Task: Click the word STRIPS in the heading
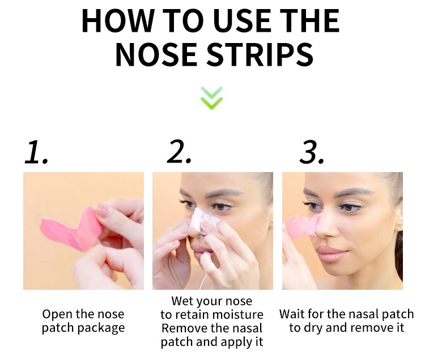(260, 54)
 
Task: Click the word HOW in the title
(118, 21)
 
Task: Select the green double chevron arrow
(212, 98)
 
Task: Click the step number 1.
(36, 152)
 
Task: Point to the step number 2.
(179, 152)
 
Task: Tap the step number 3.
(312, 152)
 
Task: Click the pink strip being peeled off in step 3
(301, 226)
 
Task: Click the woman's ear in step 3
(399, 220)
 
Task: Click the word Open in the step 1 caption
(57, 315)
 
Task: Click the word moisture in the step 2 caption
(237, 315)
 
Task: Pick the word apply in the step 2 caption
(236, 342)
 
